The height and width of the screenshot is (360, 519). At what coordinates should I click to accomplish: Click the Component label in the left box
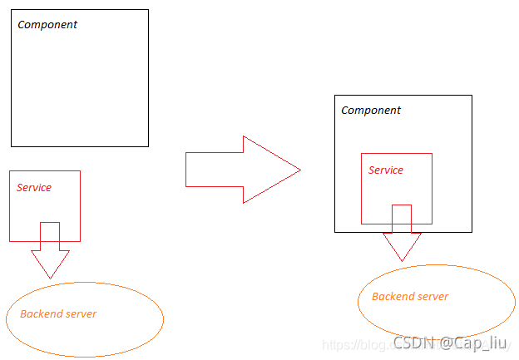[x=47, y=25]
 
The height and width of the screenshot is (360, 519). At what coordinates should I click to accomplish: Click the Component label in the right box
[x=371, y=111]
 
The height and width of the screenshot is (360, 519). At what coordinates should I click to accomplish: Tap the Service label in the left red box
[x=34, y=188]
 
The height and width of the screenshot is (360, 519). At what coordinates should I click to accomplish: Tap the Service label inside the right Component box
[x=386, y=170]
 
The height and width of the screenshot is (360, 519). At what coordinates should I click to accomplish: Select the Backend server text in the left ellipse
[x=58, y=314]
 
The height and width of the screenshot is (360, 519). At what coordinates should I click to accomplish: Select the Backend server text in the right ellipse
[x=410, y=297]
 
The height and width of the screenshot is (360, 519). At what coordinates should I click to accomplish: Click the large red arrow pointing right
[x=241, y=170]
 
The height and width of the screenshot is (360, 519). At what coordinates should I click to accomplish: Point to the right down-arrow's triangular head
[x=402, y=246]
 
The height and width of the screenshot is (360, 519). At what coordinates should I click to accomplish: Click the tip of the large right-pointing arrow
[x=298, y=170]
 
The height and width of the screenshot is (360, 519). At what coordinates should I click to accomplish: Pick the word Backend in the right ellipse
[x=391, y=297]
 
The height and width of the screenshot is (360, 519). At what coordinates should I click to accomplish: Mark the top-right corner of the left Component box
[x=148, y=10]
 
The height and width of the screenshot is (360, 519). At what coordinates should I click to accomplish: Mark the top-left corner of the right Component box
[x=334, y=96]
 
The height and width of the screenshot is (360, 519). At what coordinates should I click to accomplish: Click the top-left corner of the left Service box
[x=10, y=171]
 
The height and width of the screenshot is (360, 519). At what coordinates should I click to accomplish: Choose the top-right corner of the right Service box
[x=432, y=154]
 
